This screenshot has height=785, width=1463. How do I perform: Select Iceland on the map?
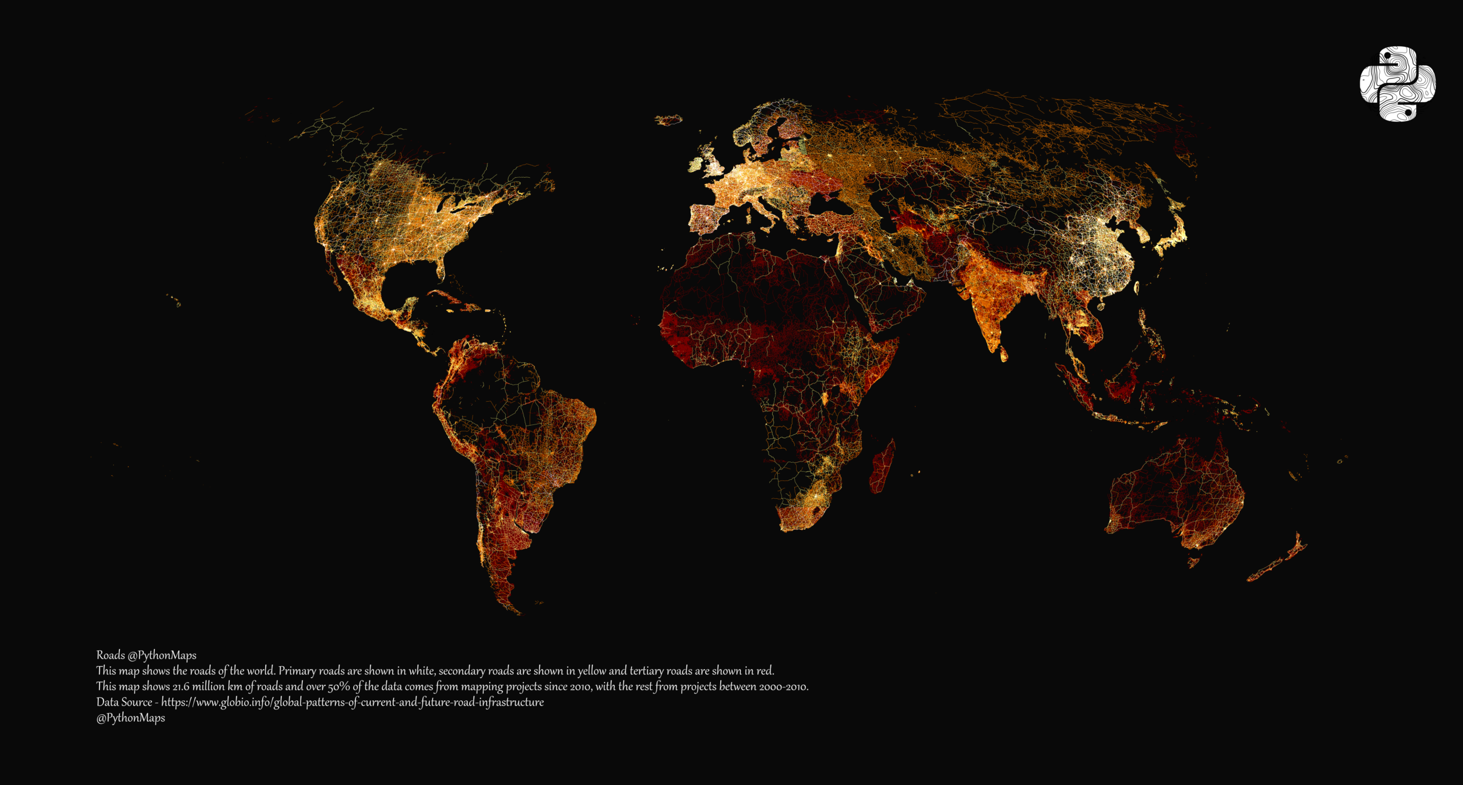coord(669,120)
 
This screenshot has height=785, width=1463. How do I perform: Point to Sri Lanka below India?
coord(1004,355)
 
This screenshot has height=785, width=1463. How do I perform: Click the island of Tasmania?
coord(1194,562)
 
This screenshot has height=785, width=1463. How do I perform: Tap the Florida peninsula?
coord(441,269)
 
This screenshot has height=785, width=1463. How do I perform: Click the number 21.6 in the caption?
coord(181,687)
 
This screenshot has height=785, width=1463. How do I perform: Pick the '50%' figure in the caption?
coord(339,687)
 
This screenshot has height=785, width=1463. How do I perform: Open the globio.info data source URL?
coord(352,702)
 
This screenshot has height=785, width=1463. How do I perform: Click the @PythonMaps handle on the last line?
coord(130,718)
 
